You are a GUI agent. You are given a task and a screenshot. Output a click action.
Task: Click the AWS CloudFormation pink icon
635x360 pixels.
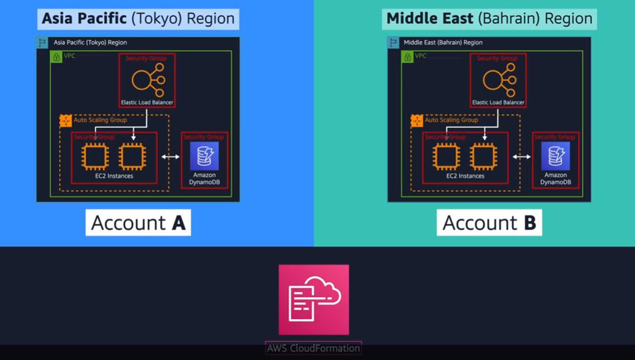pos(314,300)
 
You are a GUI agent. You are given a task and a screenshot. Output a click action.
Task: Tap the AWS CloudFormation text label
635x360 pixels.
pos(314,348)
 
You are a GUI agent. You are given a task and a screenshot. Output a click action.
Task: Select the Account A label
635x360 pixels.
pos(138,223)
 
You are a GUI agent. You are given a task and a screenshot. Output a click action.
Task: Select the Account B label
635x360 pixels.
pos(489,223)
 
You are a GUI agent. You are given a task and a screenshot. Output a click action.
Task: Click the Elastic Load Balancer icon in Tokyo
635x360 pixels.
pos(148,80)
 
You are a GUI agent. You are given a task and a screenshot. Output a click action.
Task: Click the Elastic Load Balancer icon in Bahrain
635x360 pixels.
pos(499,80)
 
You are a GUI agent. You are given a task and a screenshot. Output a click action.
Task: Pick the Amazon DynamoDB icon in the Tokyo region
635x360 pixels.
pos(204,156)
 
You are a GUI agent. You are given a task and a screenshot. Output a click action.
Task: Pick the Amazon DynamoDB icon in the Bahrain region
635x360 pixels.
pos(555,156)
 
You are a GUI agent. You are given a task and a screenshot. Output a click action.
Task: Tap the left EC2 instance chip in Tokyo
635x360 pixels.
pos(95,156)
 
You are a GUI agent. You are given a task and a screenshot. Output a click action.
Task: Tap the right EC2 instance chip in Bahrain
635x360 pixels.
pos(483,156)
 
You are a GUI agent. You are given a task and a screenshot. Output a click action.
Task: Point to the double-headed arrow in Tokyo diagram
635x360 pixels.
pos(170,157)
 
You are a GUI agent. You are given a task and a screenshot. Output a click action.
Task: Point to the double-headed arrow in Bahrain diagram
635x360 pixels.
pos(521,157)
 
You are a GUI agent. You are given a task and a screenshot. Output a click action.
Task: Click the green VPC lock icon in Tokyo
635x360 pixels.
pos(56,57)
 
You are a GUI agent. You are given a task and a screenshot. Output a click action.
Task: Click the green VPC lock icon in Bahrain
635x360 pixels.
pos(407,57)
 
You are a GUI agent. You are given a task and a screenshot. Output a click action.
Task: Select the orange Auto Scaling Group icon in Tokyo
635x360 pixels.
pos(65,121)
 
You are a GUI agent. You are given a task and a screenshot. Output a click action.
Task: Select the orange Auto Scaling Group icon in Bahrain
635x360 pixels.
pos(416,121)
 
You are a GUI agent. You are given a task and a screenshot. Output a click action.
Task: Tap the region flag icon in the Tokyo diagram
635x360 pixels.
pos(42,42)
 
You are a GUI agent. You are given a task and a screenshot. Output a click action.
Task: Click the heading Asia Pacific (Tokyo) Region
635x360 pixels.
pos(138,19)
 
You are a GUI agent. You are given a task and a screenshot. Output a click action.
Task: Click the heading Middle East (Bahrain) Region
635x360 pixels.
pos(489,19)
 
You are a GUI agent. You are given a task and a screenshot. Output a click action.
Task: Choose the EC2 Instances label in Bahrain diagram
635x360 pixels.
pos(465,176)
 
